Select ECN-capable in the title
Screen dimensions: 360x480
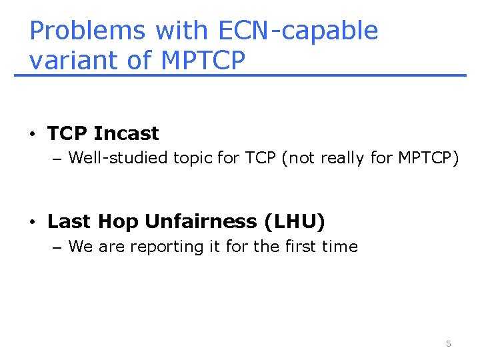click(297, 31)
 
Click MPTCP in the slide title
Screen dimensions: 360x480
click(203, 60)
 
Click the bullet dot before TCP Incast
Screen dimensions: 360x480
click(32, 134)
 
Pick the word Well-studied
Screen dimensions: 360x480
click(119, 158)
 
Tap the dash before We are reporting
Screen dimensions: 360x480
click(56, 247)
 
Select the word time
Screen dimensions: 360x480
click(341, 247)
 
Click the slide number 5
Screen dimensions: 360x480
click(448, 343)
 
